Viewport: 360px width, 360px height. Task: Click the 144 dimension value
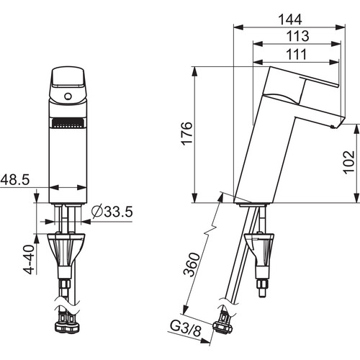pos(290,19)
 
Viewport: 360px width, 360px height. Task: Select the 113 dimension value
pos(298,36)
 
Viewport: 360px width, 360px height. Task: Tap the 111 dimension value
pos(297,54)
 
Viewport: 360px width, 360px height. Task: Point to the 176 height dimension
pos(186,132)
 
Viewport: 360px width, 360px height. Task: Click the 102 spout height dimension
pos(348,162)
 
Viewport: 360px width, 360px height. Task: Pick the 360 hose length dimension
pos(192,264)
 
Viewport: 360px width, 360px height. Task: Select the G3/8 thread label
pos(185,328)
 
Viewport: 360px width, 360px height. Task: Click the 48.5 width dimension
pos(15,179)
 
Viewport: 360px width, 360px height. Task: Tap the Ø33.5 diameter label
pos(112,212)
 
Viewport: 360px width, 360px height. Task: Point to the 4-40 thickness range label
pos(28,259)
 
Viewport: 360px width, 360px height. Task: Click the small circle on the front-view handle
pos(68,96)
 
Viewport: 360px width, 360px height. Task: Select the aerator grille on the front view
pos(68,123)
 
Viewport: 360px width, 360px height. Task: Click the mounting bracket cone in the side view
pos(259,249)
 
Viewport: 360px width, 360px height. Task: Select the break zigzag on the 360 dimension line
pos(210,230)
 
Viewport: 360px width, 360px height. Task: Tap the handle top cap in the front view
pos(68,77)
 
